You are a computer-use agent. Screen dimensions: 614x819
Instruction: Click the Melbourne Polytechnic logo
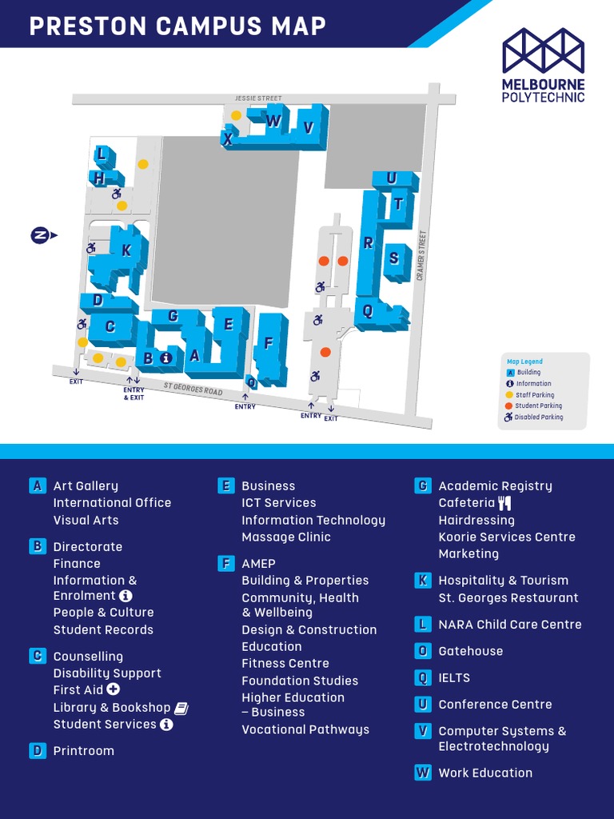tap(543, 65)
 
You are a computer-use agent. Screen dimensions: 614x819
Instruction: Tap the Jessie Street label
tap(258, 98)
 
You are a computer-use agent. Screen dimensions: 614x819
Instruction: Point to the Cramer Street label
tap(420, 255)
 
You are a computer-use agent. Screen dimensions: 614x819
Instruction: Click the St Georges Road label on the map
tap(193, 390)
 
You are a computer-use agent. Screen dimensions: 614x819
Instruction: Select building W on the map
tap(273, 122)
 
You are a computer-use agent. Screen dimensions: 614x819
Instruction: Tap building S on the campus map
tap(393, 258)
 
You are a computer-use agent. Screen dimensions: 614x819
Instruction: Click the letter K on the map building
tap(126, 250)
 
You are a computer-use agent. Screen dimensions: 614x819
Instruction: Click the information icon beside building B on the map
tap(165, 358)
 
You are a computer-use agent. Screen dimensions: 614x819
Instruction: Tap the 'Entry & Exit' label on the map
tap(134, 394)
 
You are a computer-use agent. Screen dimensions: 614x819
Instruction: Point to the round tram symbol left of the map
tap(40, 235)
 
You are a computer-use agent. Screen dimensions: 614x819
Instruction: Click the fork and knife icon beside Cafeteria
tap(504, 503)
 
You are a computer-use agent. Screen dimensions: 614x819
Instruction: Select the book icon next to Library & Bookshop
tap(181, 708)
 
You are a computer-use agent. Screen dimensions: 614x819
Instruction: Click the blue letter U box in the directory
tap(422, 705)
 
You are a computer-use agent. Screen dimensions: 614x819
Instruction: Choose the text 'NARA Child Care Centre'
tap(509, 625)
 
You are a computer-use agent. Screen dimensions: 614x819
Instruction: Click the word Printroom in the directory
tap(84, 751)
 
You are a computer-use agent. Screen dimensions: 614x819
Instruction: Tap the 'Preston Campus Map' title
tap(177, 26)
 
